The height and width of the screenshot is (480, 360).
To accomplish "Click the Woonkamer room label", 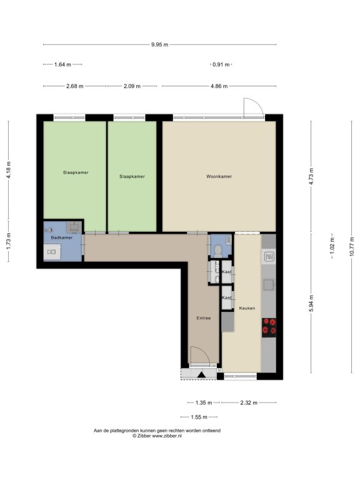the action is click(x=219, y=177).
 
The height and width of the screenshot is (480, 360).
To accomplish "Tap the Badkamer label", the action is click(x=62, y=237).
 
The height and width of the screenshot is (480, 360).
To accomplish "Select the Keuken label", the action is click(x=247, y=308).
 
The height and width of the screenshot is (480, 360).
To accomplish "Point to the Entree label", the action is click(x=204, y=318).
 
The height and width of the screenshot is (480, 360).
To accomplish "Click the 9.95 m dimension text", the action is click(x=160, y=45).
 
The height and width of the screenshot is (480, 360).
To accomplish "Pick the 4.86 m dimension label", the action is click(x=219, y=86).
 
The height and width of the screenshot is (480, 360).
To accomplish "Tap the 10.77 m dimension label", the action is click(x=352, y=247).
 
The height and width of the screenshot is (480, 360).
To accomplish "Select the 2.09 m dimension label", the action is click(x=132, y=86).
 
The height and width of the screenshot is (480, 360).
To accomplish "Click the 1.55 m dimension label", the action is click(x=199, y=417).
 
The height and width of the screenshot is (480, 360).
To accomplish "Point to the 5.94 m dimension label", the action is click(x=311, y=303).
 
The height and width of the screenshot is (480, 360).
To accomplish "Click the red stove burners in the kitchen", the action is click(x=269, y=326).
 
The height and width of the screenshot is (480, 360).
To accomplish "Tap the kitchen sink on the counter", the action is click(x=269, y=285).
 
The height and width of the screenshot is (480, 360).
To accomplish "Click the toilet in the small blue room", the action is click(x=218, y=251).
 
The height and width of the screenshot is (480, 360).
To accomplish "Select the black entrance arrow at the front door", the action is click(x=201, y=375).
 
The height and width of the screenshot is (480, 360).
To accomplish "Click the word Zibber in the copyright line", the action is click(x=144, y=436).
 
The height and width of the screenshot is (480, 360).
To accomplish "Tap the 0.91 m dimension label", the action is click(x=221, y=64).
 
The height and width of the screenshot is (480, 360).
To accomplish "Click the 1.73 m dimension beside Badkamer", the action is click(x=9, y=241).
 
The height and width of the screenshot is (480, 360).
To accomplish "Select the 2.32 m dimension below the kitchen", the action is click(x=249, y=403).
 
